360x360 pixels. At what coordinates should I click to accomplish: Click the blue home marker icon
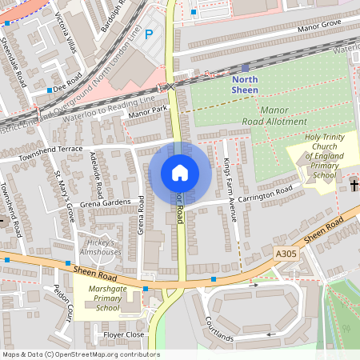180,173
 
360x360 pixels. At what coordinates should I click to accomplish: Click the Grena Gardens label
106,203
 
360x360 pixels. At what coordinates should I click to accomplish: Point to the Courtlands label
218,329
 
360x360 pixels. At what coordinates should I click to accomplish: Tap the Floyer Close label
124,334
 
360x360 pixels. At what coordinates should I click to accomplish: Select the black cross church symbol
354,186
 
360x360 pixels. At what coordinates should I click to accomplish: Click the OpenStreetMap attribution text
81,354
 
